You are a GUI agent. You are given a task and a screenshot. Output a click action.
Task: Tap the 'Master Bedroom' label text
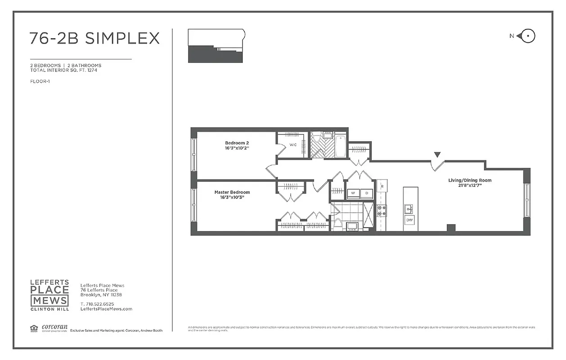click(x=232, y=192)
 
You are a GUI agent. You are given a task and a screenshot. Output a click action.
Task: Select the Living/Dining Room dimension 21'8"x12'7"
click(x=469, y=186)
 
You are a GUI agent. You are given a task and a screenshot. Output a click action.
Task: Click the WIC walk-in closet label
click(x=293, y=145)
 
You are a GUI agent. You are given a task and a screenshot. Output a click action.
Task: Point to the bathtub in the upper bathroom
click(x=340, y=146)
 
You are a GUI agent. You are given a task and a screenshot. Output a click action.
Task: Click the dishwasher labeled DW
click(x=409, y=220)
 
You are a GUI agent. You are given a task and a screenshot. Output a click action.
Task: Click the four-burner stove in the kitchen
click(x=382, y=210)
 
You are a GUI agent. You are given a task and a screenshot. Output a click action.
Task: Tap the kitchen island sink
click(x=409, y=208)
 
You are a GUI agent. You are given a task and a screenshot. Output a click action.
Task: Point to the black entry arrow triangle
click(x=436, y=155)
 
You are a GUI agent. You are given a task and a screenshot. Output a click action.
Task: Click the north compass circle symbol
click(x=529, y=36)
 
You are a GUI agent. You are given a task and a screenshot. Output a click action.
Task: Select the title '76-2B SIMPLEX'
click(x=94, y=38)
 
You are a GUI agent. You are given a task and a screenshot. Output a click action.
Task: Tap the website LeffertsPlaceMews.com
click(x=106, y=309)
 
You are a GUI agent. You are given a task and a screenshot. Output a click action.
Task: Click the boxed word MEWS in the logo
click(x=49, y=301)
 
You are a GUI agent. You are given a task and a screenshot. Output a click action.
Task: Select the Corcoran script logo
click(x=54, y=327)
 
